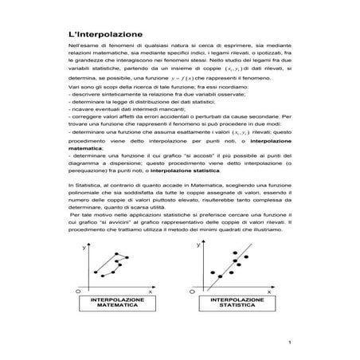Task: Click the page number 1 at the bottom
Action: [292, 343]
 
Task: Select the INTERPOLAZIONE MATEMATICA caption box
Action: [119, 302]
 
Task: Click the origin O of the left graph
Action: [80, 292]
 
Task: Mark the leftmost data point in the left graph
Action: [95, 274]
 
